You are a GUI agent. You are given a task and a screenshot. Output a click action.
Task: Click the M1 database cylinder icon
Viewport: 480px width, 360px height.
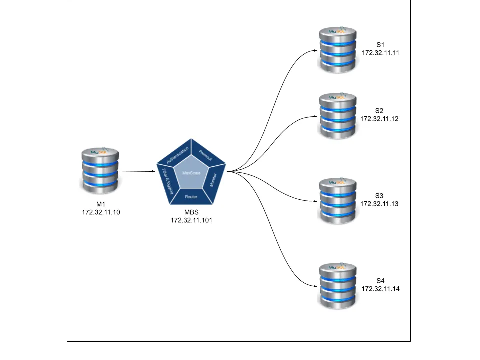pos(100,170)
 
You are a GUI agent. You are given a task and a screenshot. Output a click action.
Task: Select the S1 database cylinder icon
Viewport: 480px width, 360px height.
pos(338,50)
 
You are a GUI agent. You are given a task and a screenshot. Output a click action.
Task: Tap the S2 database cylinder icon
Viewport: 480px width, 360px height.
pos(338,116)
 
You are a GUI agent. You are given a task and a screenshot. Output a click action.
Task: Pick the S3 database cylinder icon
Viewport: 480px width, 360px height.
pos(338,201)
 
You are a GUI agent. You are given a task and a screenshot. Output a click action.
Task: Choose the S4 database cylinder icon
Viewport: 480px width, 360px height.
pos(338,286)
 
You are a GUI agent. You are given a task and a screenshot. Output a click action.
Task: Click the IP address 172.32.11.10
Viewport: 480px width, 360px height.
pos(101,212)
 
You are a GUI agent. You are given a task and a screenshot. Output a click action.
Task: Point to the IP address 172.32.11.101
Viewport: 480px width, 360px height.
pos(191,220)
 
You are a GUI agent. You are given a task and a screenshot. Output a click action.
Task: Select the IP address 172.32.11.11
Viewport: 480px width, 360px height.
pos(380,53)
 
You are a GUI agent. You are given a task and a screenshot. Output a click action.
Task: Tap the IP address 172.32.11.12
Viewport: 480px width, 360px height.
pos(379,119)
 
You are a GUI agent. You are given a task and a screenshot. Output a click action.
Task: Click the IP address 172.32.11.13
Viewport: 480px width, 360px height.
pos(379,204)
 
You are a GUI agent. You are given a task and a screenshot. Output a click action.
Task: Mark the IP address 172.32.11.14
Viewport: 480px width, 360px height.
pos(380,289)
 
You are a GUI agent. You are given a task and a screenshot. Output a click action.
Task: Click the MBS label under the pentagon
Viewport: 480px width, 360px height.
pos(191,212)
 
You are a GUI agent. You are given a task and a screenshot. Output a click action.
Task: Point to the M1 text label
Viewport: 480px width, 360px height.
pos(101,204)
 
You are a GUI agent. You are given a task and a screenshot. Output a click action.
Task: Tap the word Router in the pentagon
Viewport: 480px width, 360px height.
pos(191,197)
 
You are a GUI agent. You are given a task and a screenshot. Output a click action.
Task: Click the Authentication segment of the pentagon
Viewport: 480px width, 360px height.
pos(177,155)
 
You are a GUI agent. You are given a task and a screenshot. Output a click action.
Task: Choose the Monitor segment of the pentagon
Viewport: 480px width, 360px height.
pos(214,180)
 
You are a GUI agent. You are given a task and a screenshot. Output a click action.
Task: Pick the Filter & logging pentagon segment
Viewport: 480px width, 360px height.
pos(168,181)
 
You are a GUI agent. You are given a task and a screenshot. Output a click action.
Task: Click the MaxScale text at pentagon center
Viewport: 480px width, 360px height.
pos(191,173)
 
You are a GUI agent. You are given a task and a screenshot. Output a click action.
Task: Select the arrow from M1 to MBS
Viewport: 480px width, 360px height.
pos(138,171)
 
